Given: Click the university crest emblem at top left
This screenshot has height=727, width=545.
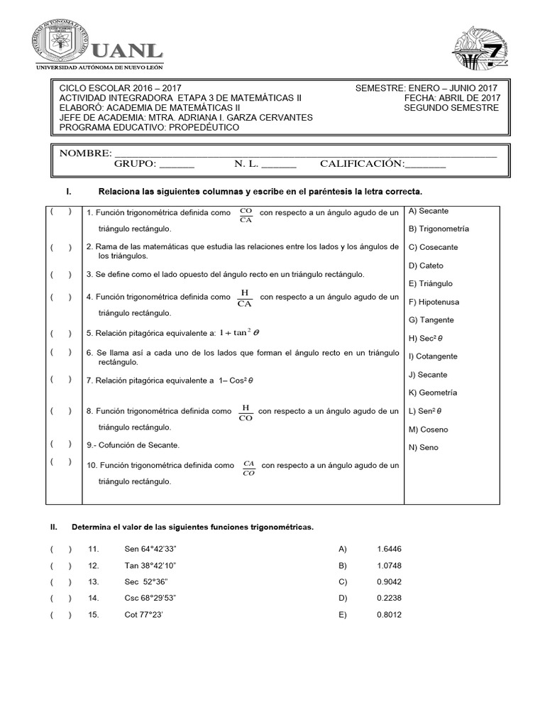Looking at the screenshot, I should [x=62, y=40].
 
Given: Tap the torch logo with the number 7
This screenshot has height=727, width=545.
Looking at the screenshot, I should [x=481, y=49].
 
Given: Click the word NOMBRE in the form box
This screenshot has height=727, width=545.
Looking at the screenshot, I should [x=85, y=153].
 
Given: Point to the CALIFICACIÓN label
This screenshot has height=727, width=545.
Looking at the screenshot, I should [x=361, y=164].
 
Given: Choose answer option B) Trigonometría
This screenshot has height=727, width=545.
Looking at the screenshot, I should [x=439, y=229].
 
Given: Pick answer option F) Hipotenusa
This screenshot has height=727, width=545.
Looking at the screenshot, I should [x=437, y=302].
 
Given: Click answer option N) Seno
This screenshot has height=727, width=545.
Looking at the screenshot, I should [x=423, y=447].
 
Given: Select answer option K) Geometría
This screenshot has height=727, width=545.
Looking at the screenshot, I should [x=432, y=393].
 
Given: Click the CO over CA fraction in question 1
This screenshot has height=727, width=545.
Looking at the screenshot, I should [x=246, y=215].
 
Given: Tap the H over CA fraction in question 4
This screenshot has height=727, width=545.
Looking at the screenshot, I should [x=245, y=298].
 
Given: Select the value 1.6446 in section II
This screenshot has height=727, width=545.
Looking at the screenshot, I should [x=389, y=549].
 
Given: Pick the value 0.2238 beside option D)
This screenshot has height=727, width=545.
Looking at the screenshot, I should [x=389, y=598].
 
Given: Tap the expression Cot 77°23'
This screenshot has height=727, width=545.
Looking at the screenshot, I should [x=144, y=615].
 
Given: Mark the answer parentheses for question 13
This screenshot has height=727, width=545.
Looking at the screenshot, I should [x=60, y=582].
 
